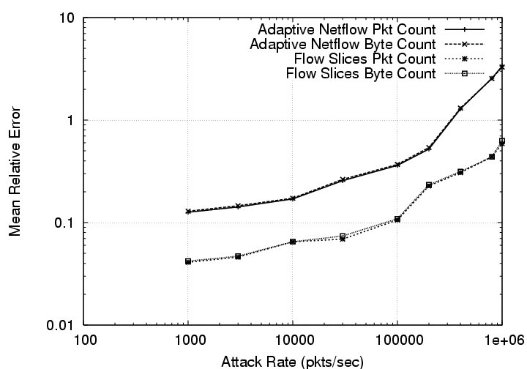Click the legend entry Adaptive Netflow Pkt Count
pos(346,30)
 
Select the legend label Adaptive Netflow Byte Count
pos(343,44)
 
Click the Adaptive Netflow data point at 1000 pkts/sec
pos(188,212)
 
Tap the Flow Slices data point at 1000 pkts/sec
pos(188,261)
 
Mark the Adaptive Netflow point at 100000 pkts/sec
pos(397,165)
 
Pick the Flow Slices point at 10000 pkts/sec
pos(293,242)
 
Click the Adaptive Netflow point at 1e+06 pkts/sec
pos(501,67)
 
